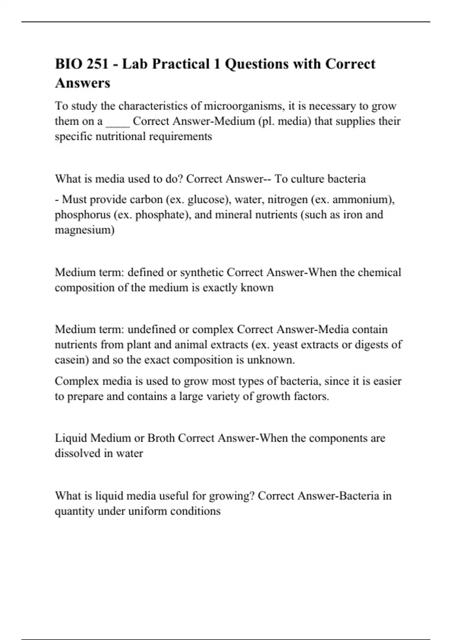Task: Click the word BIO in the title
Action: click(68, 64)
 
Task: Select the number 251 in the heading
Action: click(98, 64)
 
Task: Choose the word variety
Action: click(224, 396)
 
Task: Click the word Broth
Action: click(161, 438)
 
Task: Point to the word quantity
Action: click(75, 511)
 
